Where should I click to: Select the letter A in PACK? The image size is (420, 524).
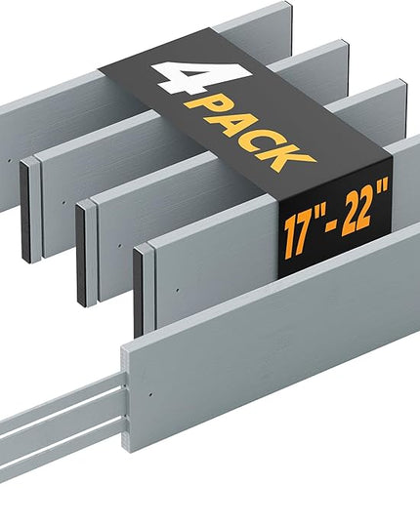(234, 123)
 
